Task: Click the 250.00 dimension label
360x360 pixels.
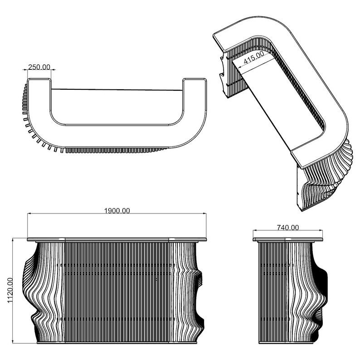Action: coord(39,67)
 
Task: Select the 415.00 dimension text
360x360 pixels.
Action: coord(254,58)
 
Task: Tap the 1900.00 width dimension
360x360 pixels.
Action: coord(117,210)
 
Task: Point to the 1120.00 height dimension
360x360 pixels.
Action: coord(10,290)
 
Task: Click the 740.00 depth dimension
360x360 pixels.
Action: coord(287,228)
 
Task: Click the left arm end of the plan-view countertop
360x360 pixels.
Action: coord(39,80)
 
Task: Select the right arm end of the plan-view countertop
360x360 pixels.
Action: coord(195,80)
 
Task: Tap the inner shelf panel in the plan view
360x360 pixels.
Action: coord(117,107)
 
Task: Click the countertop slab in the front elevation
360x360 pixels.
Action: coord(117,239)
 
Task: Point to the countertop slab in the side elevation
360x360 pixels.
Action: coord(287,239)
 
